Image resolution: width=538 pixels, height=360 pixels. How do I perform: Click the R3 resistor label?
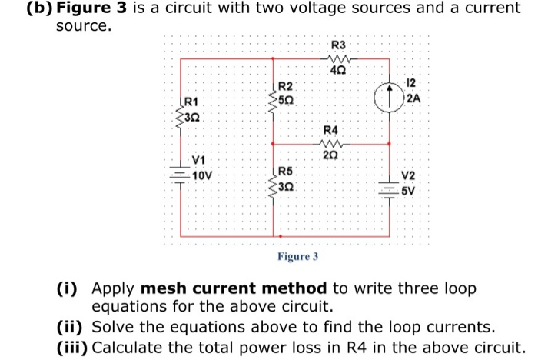click(338, 45)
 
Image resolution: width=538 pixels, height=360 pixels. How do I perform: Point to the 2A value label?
click(414, 98)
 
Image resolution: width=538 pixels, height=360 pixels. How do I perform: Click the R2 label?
click(284, 86)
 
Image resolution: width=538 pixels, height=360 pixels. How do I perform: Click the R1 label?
click(191, 101)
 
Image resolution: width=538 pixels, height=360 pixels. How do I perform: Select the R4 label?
click(330, 129)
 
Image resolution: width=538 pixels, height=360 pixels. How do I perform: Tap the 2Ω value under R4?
click(330, 156)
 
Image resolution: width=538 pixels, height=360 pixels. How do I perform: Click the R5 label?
click(284, 171)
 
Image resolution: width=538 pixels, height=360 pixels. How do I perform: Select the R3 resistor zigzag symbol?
click(338, 58)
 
